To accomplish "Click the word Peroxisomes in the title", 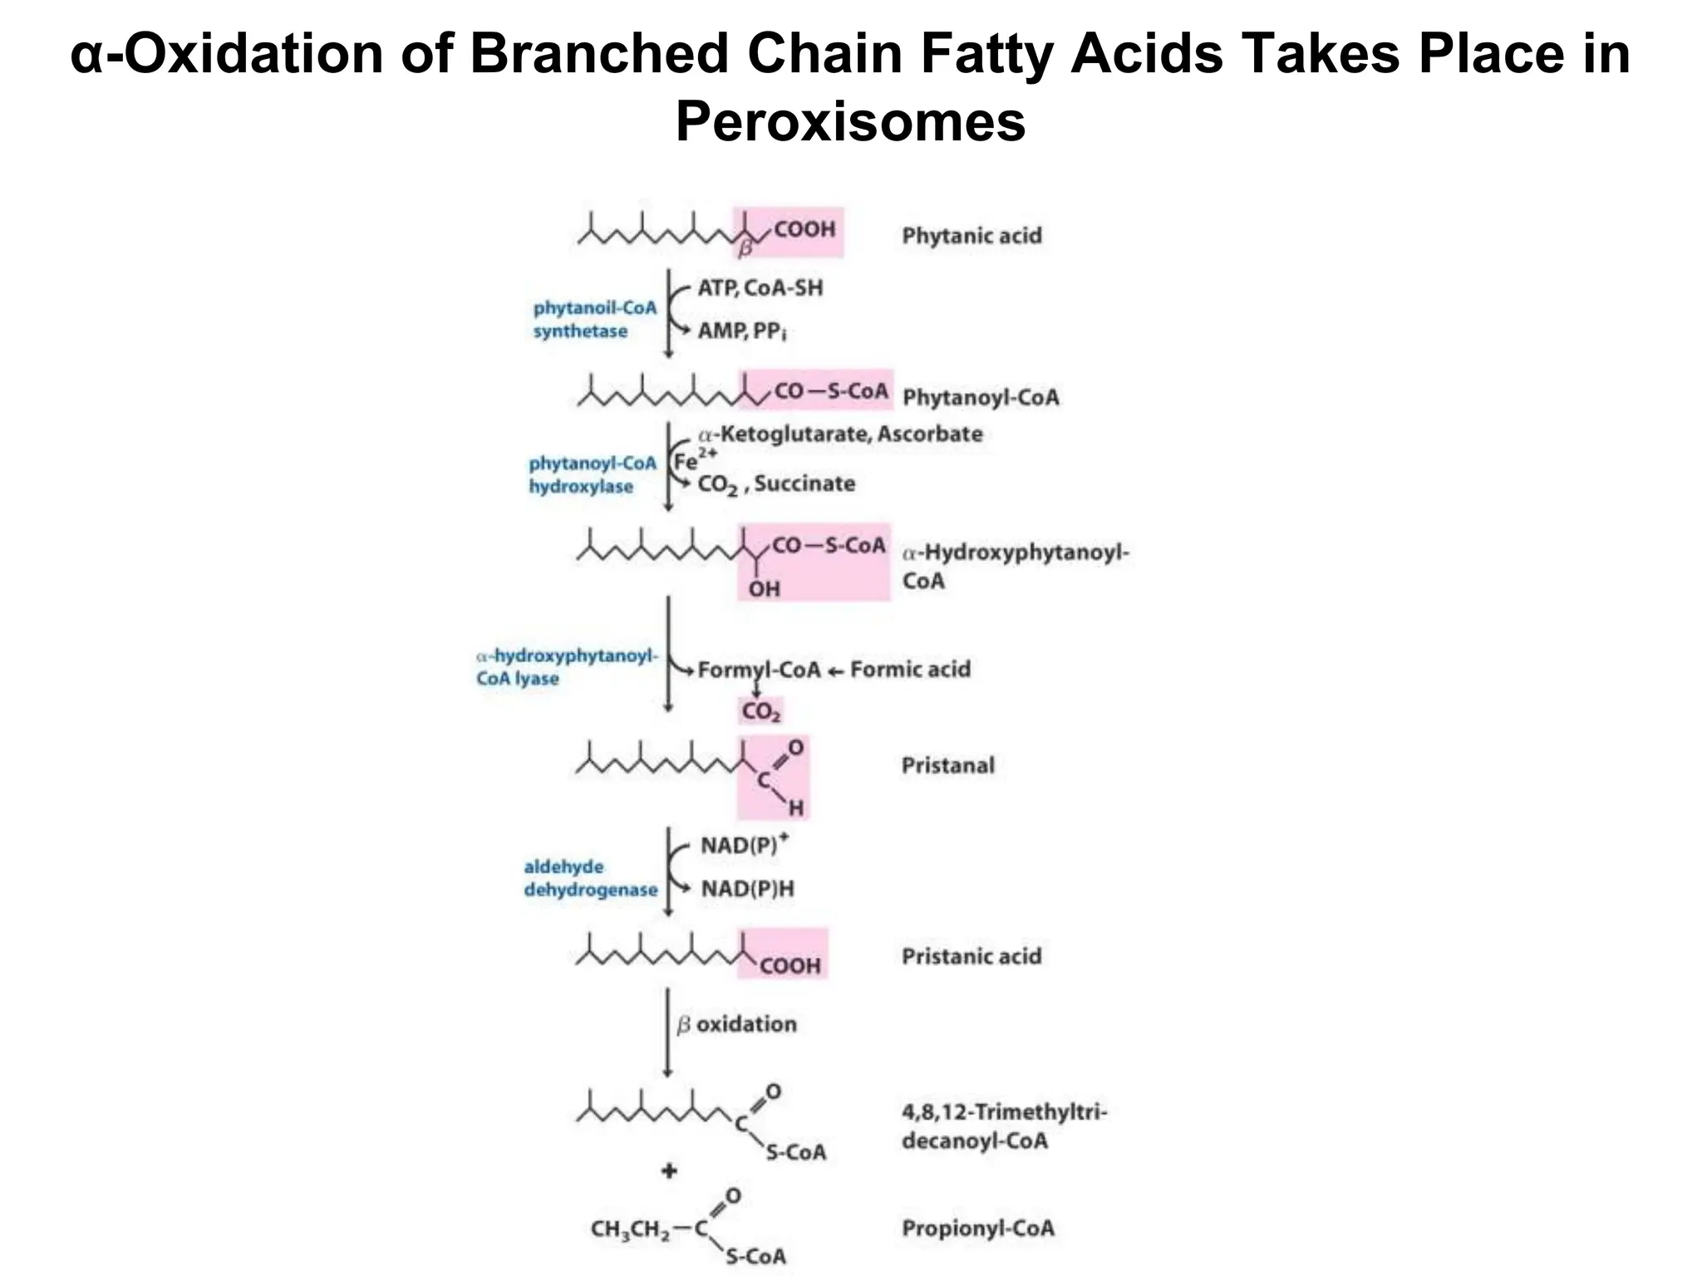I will pyautogui.click(x=850, y=122).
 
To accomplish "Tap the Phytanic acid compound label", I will pyautogui.click(x=972, y=236).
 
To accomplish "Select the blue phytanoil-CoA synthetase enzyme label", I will pyautogui.click(x=594, y=320).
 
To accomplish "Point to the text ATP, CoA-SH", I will pyautogui.click(x=760, y=288).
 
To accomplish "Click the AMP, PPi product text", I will pyautogui.click(x=741, y=331).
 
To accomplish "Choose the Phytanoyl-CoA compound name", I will pyautogui.click(x=981, y=397).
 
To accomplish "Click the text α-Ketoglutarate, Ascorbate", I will pyautogui.click(x=840, y=434).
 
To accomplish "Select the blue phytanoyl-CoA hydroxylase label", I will pyautogui.click(x=592, y=475).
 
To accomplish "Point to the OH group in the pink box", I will pyautogui.click(x=764, y=589).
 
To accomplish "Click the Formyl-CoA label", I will pyautogui.click(x=759, y=670).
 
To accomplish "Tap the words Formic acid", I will pyautogui.click(x=910, y=670).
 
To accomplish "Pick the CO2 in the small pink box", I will pyautogui.click(x=760, y=712).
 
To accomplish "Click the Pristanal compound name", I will pyautogui.click(x=947, y=765).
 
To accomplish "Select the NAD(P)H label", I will pyautogui.click(x=747, y=889).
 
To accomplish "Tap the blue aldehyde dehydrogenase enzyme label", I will pyautogui.click(x=590, y=879).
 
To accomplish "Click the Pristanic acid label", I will pyautogui.click(x=972, y=956).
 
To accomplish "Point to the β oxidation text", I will pyautogui.click(x=736, y=1024).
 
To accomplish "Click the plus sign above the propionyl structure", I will pyautogui.click(x=669, y=1171).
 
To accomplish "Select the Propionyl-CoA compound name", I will pyautogui.click(x=977, y=1228).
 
